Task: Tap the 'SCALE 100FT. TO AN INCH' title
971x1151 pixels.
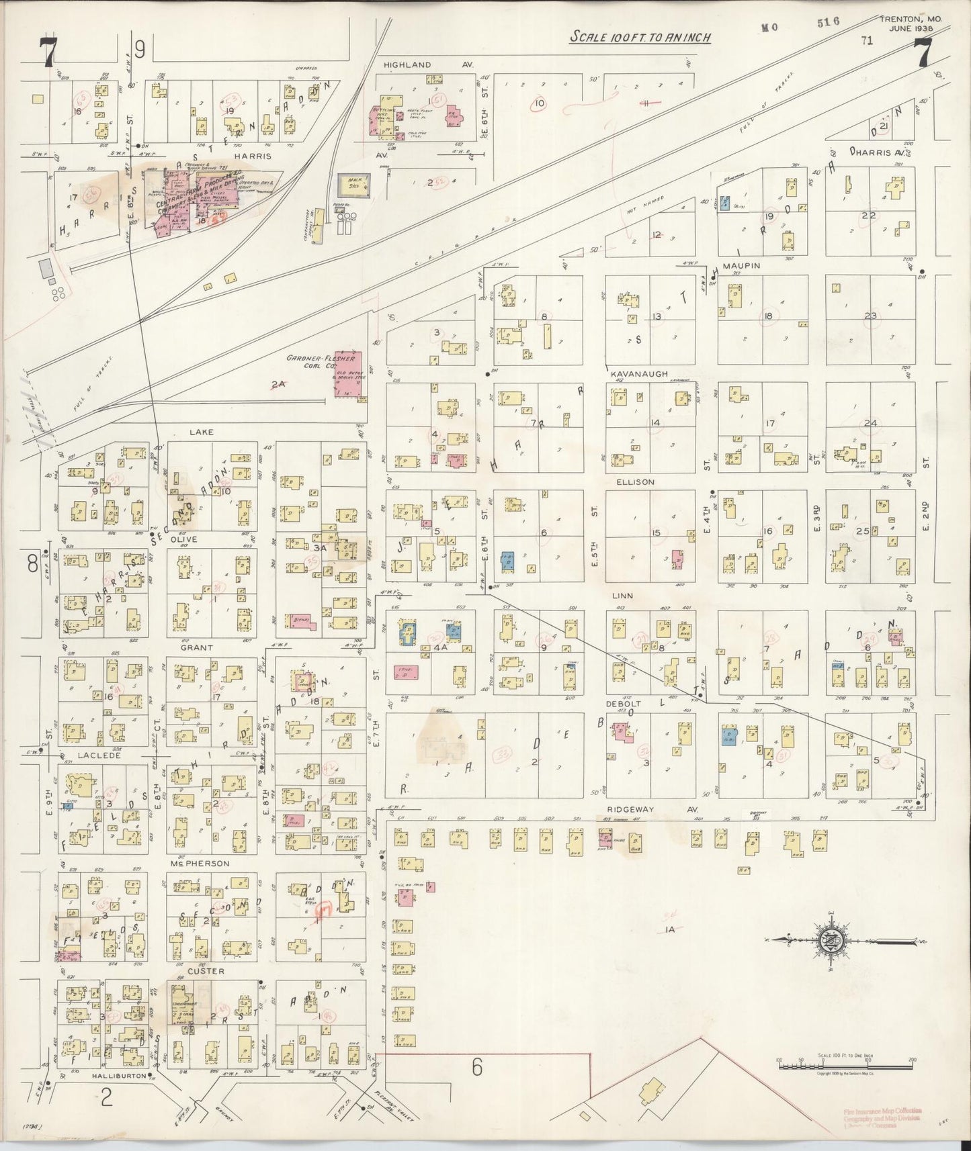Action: click(640, 37)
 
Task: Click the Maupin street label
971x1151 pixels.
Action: click(741, 266)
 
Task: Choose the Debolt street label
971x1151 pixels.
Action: click(624, 703)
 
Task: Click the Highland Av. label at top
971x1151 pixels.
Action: click(428, 64)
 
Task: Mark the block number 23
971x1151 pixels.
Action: click(871, 316)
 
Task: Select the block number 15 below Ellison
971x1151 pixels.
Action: click(656, 533)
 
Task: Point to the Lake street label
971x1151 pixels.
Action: click(201, 432)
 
